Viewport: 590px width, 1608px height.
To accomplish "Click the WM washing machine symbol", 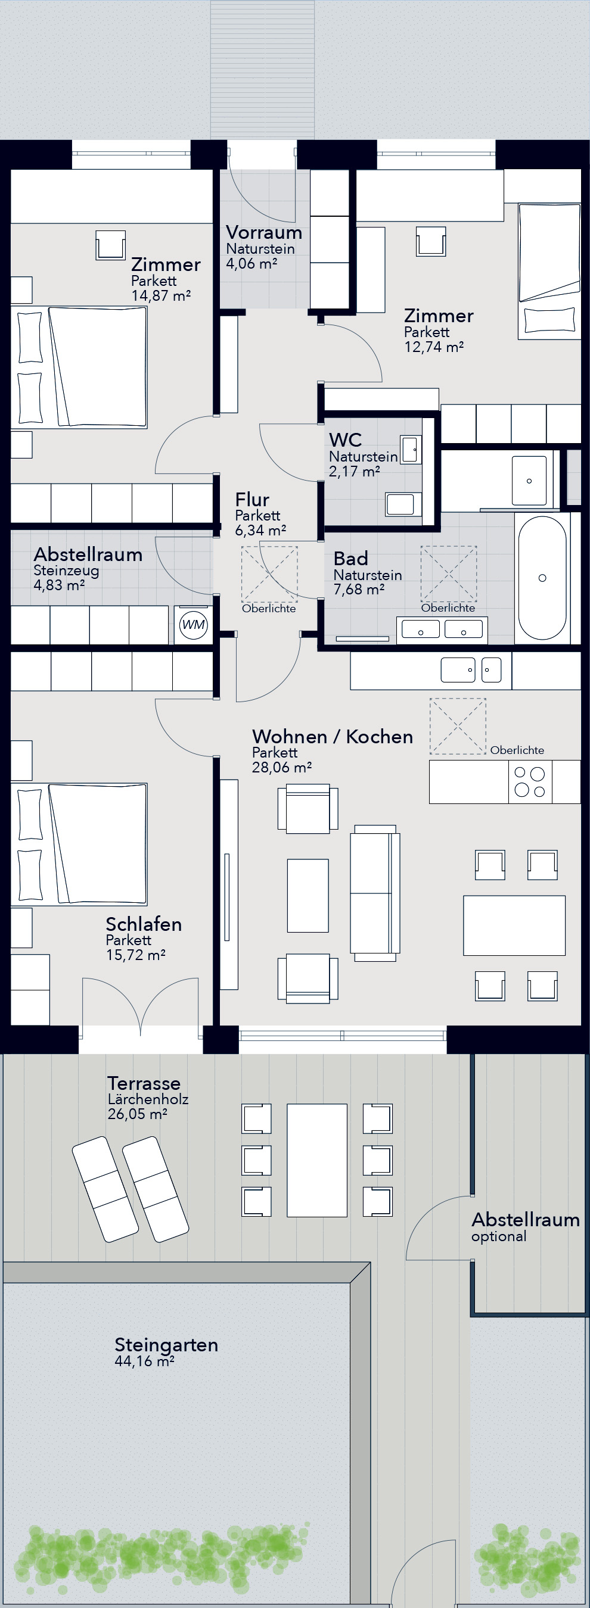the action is point(193,624).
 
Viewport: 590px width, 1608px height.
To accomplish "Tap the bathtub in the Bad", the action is point(542,578).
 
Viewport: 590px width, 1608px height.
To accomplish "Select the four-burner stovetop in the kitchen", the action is point(529,781).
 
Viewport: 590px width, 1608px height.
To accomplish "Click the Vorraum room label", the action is point(264,232).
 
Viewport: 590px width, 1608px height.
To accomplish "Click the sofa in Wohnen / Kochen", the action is point(375,892).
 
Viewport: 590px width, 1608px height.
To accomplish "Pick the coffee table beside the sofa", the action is point(308,895).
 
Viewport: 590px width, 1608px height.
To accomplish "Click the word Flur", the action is point(252,500).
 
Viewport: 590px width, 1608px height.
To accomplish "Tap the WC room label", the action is point(345,440).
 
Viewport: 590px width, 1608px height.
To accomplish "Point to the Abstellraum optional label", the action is point(526,1228).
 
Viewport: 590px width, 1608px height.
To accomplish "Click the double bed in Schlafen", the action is point(79,844).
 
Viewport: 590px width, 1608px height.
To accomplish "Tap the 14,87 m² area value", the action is point(160,295).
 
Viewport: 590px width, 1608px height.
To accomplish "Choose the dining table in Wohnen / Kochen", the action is point(514,925).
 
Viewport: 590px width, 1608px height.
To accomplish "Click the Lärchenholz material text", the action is point(148,1099).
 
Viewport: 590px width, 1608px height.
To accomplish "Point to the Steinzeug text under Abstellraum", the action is point(66,570).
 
